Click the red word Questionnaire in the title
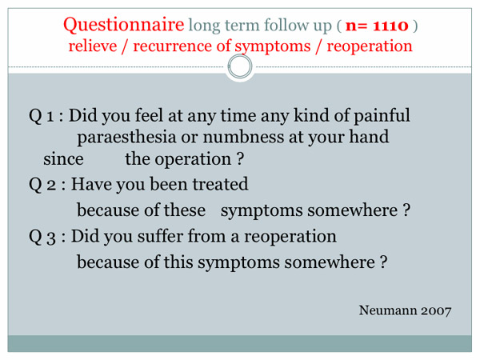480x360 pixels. (x=124, y=25)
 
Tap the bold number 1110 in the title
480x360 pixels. (x=390, y=26)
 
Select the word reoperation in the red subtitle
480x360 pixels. (x=370, y=47)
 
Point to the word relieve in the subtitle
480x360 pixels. (x=93, y=46)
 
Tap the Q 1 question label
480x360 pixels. (x=42, y=116)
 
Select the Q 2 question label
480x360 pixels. (x=42, y=185)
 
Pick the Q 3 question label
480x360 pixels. (x=42, y=237)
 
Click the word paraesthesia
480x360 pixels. (x=126, y=137)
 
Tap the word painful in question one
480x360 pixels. (x=382, y=116)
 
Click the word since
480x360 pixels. (x=63, y=159)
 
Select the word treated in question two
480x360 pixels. (x=221, y=184)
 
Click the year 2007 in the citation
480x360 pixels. (x=436, y=310)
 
